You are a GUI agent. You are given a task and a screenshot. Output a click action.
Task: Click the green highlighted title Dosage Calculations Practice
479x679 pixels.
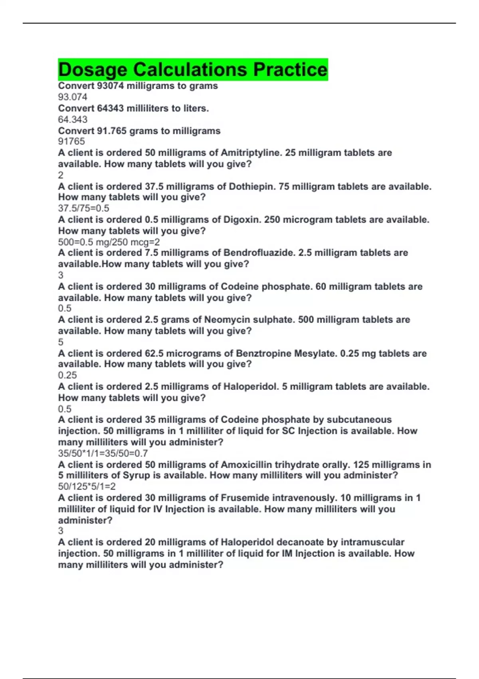[x=193, y=69]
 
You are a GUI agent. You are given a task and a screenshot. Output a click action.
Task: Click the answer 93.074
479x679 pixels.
[x=73, y=97]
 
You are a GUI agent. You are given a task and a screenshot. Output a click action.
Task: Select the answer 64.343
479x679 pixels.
[x=73, y=119]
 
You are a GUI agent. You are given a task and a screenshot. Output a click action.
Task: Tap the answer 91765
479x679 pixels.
[x=71, y=141]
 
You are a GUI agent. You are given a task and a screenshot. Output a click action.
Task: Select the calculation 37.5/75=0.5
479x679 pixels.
[x=83, y=208]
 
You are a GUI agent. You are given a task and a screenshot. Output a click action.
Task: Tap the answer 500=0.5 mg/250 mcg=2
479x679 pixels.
[x=109, y=242]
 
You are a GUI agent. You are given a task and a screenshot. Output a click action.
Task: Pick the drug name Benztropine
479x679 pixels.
[x=263, y=353]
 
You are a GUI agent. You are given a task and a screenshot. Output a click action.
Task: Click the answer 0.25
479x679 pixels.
[x=67, y=375]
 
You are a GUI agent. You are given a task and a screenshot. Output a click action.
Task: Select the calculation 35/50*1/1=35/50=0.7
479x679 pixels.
[x=103, y=453]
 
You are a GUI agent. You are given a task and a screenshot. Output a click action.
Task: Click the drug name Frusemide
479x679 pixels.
[x=245, y=498]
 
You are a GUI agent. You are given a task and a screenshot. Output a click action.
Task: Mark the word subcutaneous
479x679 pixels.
[x=359, y=420]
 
